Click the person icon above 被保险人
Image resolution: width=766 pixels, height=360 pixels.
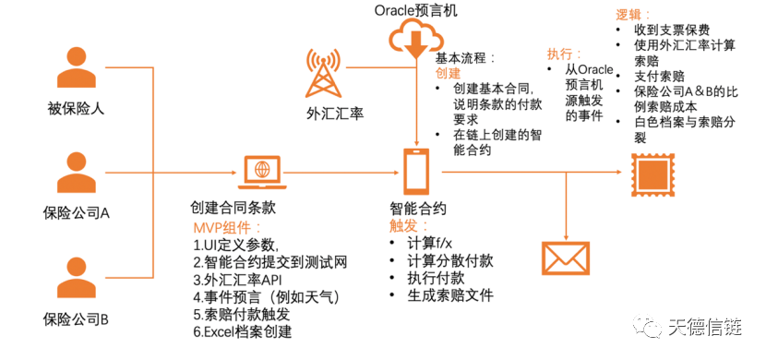point(78,66)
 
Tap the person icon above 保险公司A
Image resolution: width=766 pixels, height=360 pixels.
point(78,173)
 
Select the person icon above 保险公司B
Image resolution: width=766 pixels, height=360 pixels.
point(78,279)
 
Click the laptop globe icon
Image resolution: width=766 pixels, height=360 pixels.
point(262,171)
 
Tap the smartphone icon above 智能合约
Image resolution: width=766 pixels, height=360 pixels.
point(417,172)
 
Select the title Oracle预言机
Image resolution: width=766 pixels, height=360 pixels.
point(416,10)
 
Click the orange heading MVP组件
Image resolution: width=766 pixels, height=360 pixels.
point(228,228)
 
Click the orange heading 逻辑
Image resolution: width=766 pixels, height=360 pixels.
point(633,17)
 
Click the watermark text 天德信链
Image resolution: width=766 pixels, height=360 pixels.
point(712,328)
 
